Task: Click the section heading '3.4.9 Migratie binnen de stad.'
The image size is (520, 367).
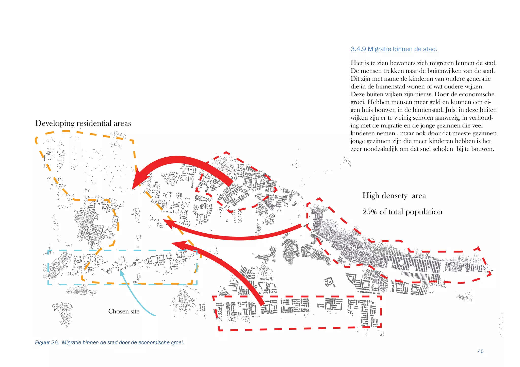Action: (x=394, y=49)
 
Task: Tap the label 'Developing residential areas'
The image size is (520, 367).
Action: (x=83, y=123)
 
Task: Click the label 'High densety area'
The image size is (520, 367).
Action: (x=394, y=196)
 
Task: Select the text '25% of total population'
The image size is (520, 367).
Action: (x=402, y=212)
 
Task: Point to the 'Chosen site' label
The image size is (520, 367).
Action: (x=124, y=311)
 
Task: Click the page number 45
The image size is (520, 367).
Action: (x=480, y=351)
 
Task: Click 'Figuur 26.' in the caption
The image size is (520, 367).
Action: (x=47, y=343)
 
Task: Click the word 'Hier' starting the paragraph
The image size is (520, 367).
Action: (x=357, y=63)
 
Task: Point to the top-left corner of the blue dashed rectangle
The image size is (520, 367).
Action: (x=48, y=250)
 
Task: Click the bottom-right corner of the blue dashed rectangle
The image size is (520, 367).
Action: (x=197, y=284)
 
